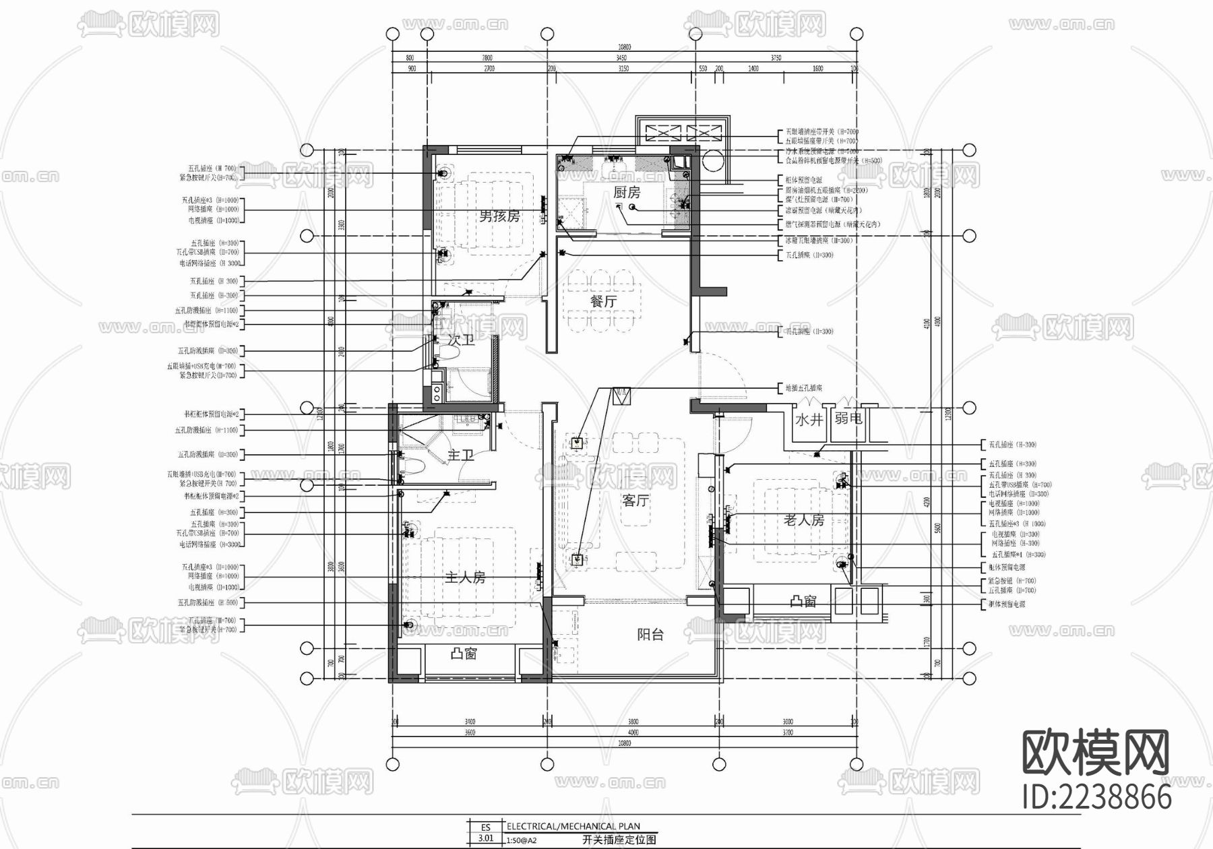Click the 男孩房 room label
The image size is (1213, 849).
coord(499,216)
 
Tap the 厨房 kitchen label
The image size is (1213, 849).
coord(627,193)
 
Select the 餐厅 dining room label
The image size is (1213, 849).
coord(603,301)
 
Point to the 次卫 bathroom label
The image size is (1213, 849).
coord(461,340)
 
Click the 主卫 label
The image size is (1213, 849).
coord(461,455)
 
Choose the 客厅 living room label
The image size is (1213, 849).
coord(635,501)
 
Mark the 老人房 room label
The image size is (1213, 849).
coord(803,520)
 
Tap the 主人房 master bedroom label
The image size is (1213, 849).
coord(465,577)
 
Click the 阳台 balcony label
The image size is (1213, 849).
coord(650,634)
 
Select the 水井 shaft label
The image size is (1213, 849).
coord(809,420)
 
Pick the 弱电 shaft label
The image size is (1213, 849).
coord(848,418)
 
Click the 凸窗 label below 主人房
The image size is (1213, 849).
coord(464,654)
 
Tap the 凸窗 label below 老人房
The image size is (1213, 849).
coord(803,600)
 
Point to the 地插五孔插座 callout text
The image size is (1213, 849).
coord(804,388)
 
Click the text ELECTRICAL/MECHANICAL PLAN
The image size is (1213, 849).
coord(573,826)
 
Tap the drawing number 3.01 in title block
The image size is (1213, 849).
coord(485,839)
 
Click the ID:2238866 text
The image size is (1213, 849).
coord(1097,798)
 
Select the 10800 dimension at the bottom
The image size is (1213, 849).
coord(624,743)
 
